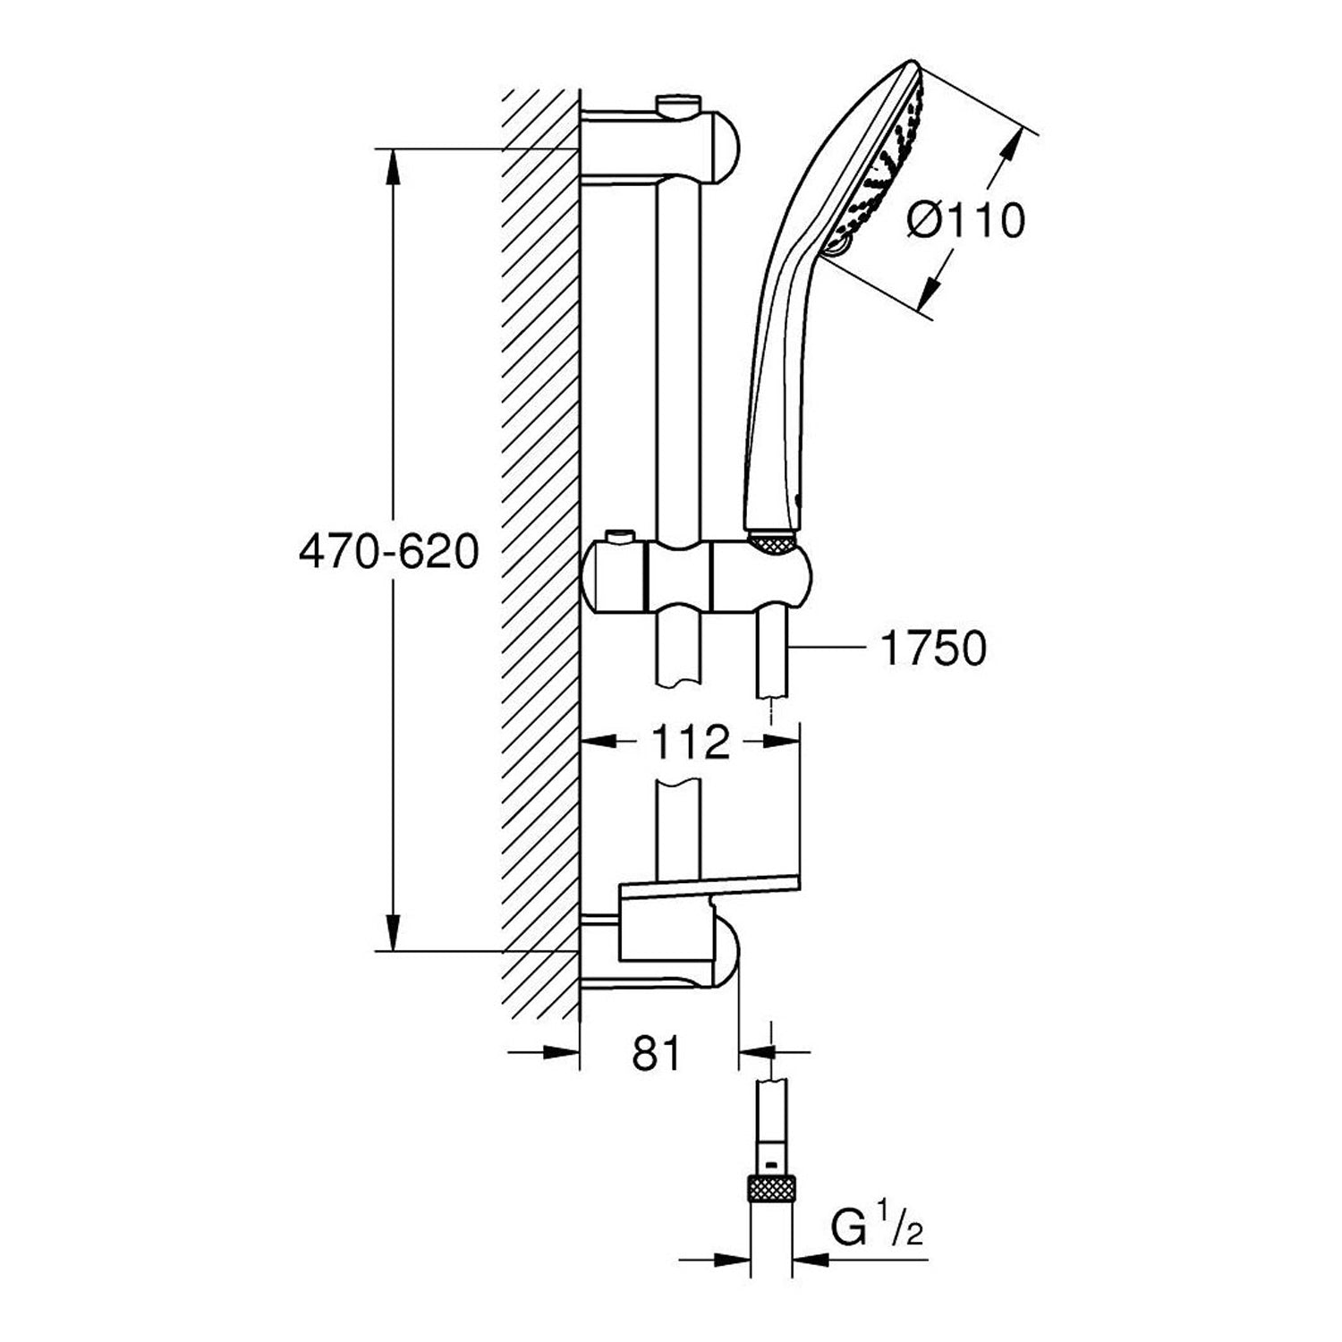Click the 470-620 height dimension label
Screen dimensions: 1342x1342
[x=388, y=554]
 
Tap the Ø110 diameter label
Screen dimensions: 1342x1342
[x=964, y=220]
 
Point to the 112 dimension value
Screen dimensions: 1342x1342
[x=690, y=742]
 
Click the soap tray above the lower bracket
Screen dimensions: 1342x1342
[x=707, y=890]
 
